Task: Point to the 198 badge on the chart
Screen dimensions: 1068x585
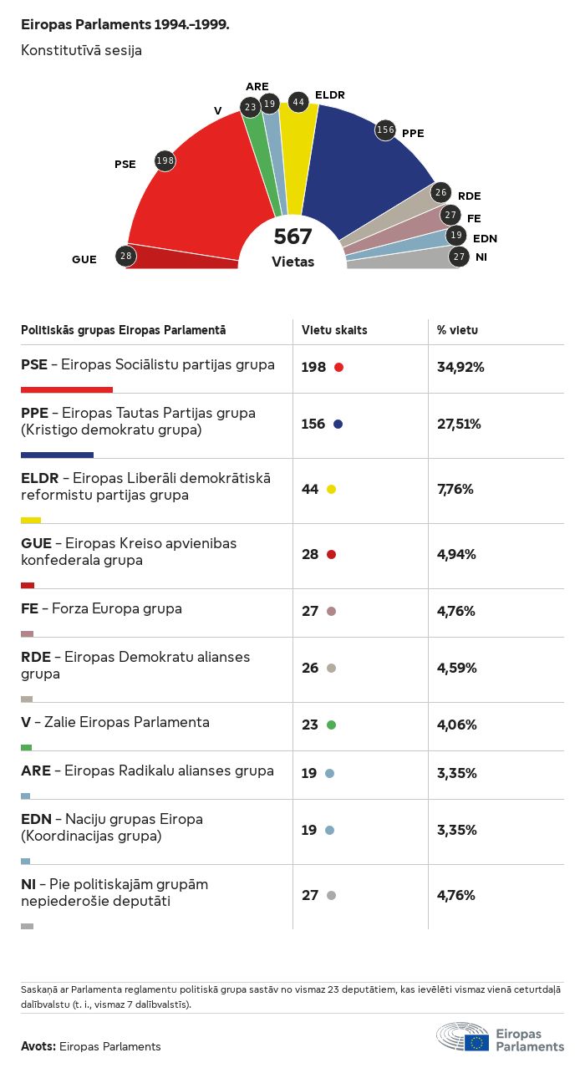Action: (165, 160)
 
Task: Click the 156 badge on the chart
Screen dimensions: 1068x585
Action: (385, 130)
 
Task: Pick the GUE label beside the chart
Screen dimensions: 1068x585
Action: (84, 259)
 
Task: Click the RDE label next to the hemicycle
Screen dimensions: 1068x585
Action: (469, 196)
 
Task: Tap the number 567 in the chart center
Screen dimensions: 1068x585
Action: (292, 236)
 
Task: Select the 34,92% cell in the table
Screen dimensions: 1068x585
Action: (460, 367)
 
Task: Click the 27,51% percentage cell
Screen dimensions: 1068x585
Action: (460, 424)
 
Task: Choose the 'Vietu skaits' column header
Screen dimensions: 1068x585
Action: (334, 330)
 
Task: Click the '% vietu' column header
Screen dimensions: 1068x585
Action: (457, 330)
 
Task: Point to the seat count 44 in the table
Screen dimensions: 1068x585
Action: (310, 489)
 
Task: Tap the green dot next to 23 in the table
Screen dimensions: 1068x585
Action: (331, 725)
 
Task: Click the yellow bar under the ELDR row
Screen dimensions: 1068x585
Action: (31, 520)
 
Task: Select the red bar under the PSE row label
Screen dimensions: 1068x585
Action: (67, 389)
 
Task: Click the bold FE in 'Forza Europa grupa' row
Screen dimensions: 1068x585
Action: (29, 608)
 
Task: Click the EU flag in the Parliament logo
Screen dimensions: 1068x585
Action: (477, 1042)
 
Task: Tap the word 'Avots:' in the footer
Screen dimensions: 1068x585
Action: (38, 1046)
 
